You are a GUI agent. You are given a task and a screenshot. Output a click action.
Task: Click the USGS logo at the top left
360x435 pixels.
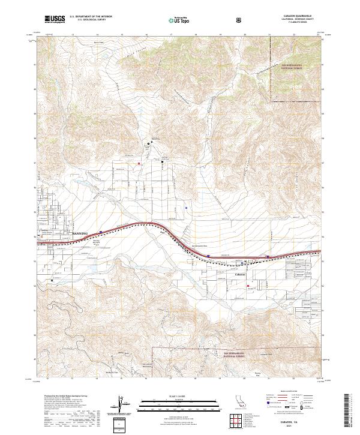tap(55, 20)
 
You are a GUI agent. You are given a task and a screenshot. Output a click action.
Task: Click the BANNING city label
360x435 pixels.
tap(80, 232)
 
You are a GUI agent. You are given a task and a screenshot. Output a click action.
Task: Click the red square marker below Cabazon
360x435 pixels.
tap(248, 286)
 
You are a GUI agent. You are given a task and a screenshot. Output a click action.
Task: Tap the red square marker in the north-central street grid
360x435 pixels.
tap(139, 162)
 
